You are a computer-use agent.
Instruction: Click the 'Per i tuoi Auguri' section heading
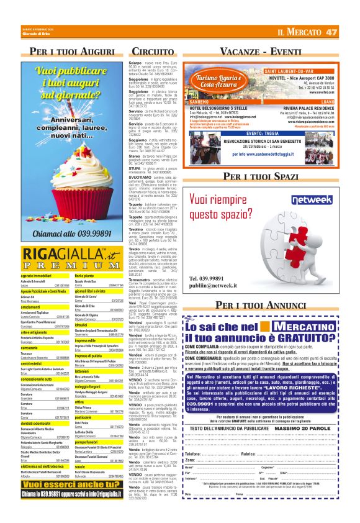75,50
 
